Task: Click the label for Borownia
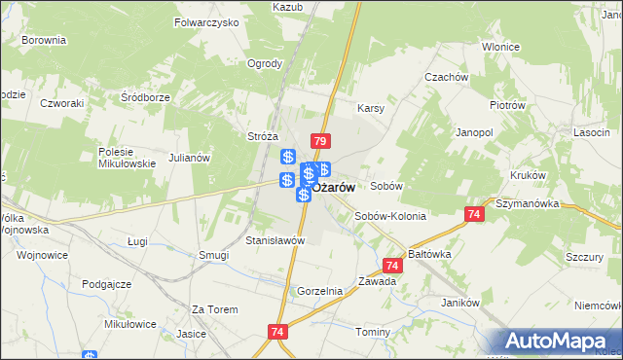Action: point(43,41)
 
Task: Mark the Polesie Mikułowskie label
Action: point(128,158)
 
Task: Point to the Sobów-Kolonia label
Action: point(390,216)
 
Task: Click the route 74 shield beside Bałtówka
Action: point(392,265)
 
